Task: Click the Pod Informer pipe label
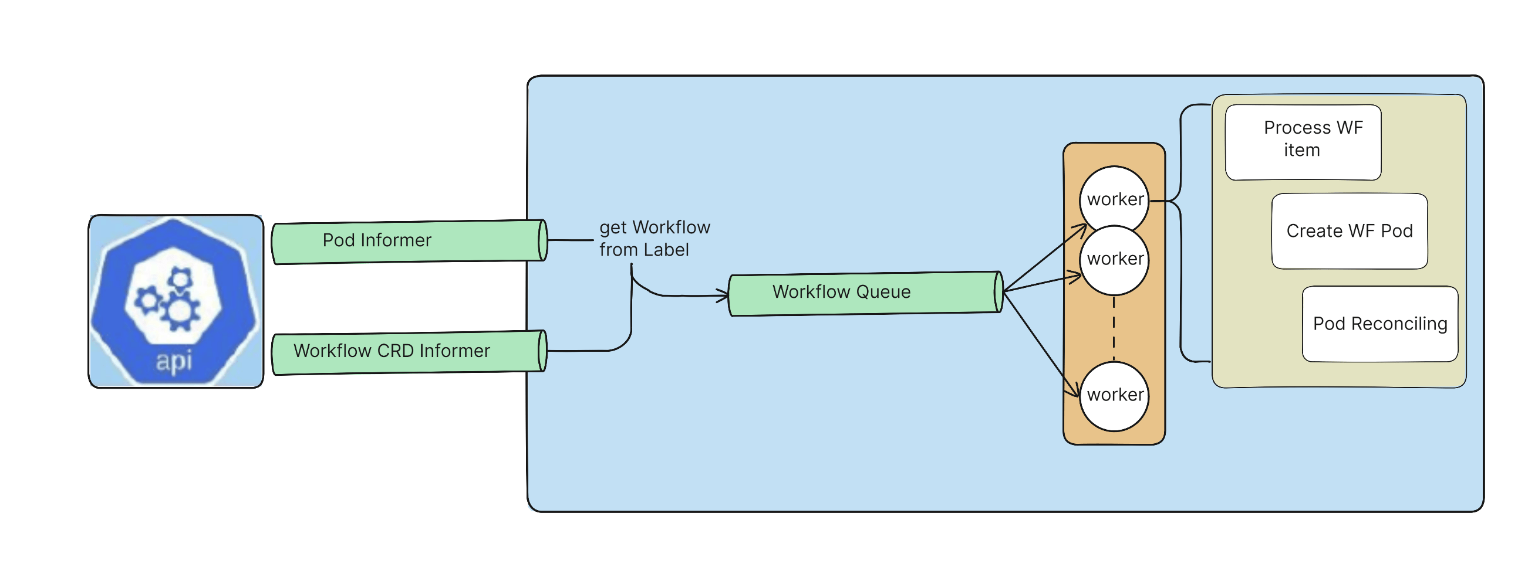tap(376, 240)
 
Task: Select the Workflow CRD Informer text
tap(392, 351)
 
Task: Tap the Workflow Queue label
tap(841, 292)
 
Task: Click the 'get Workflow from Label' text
tap(653, 239)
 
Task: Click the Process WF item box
tap(1303, 142)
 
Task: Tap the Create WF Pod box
tap(1349, 231)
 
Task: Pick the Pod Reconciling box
tap(1379, 324)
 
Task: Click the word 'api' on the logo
tap(174, 360)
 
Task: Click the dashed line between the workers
tap(1113, 329)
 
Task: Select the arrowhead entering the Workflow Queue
tap(724, 295)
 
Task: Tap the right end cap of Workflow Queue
tap(998, 292)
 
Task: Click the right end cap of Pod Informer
tap(543, 240)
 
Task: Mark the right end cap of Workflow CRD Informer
tap(542, 351)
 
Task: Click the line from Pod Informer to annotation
tap(570, 240)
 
